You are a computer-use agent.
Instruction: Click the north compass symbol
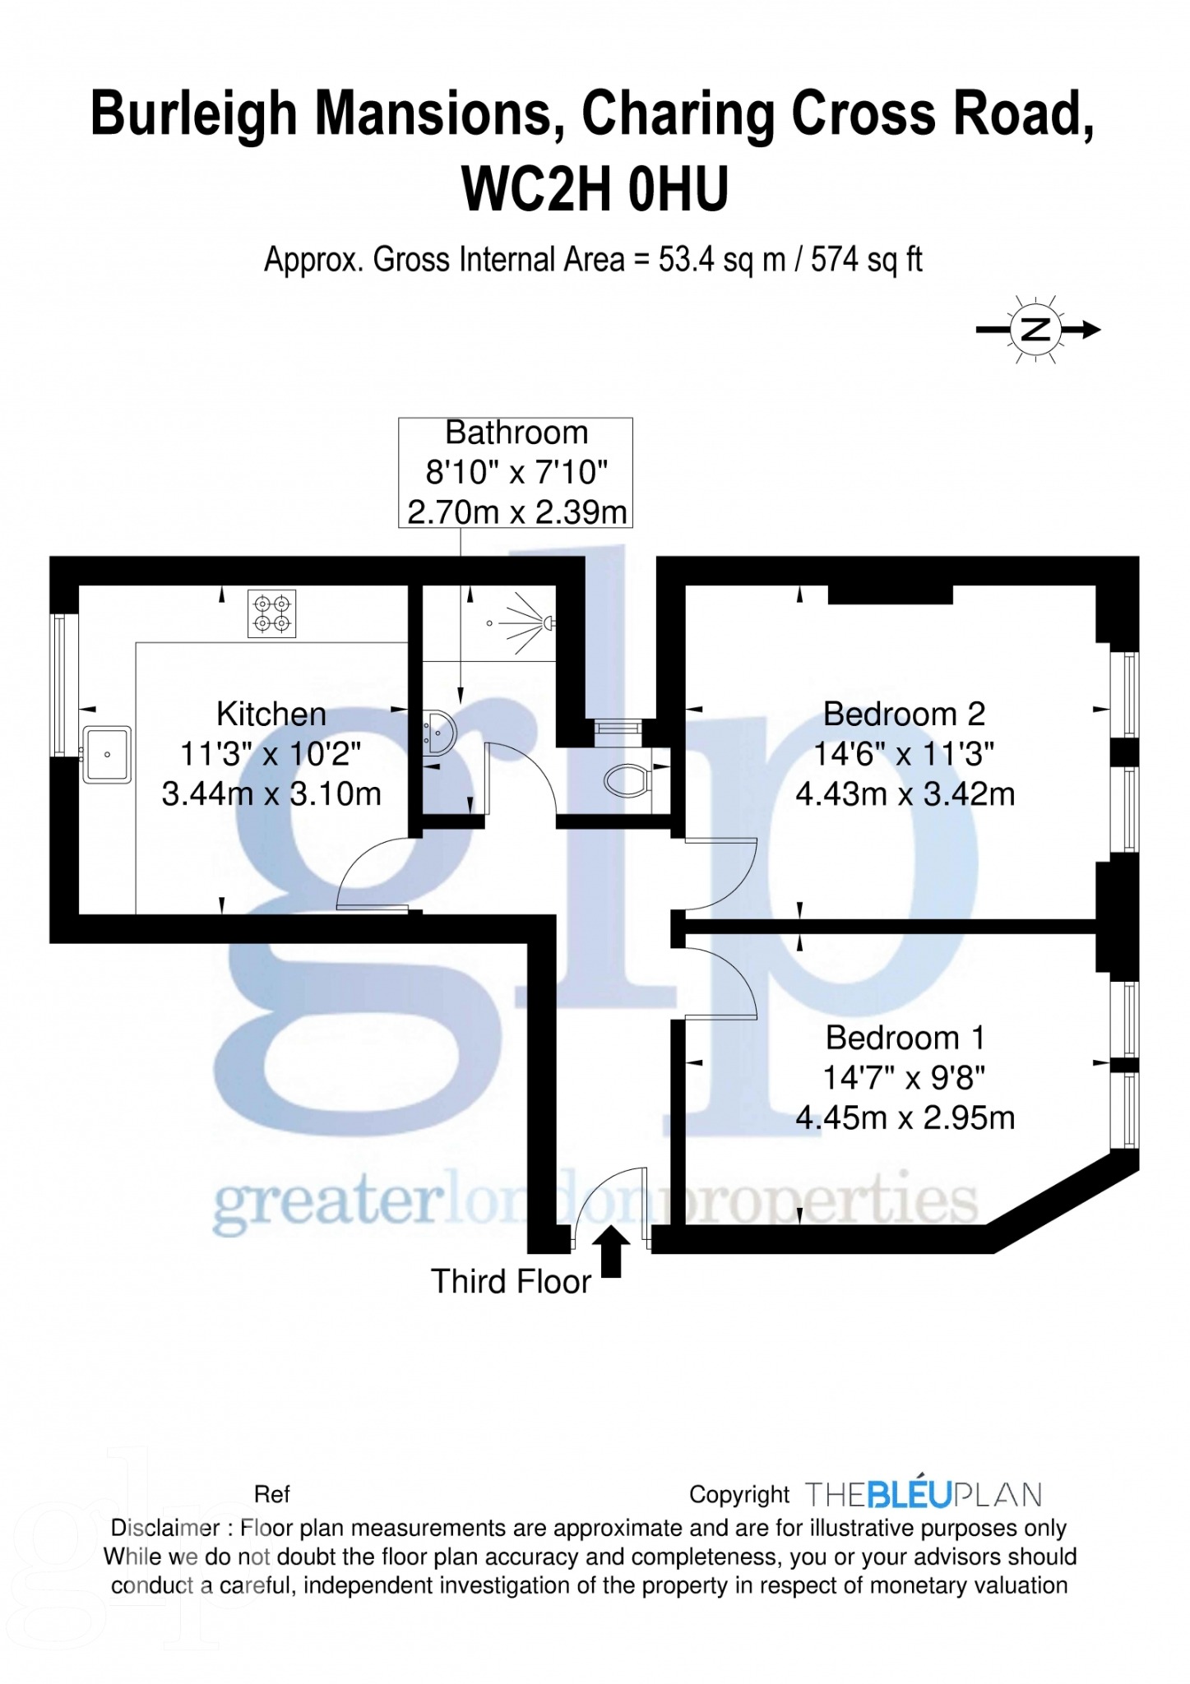[1036, 330]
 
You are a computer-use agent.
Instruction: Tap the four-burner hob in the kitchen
[271, 613]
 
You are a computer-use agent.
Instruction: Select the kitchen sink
[107, 754]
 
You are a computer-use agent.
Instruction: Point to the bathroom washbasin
[441, 732]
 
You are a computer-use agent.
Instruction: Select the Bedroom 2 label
[904, 714]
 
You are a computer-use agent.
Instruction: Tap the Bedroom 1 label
[904, 1038]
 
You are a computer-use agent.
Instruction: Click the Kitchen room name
[271, 714]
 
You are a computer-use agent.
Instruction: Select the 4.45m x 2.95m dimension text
[905, 1117]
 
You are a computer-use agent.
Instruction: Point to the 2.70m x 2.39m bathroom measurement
[516, 512]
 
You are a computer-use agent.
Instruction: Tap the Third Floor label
[511, 1282]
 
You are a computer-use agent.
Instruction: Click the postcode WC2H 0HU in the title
[595, 189]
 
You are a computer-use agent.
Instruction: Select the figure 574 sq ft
[866, 260]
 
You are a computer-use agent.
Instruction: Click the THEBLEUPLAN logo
[923, 1494]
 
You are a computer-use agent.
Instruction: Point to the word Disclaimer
[164, 1528]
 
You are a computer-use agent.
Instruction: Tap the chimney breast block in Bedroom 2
[889, 594]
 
